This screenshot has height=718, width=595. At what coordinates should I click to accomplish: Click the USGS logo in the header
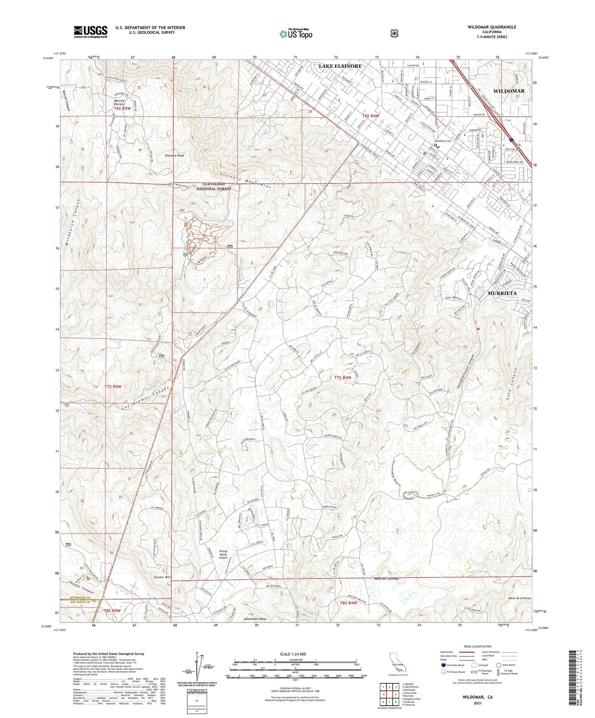pos(91,32)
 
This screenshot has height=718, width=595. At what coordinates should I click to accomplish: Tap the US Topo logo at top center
pos(296,34)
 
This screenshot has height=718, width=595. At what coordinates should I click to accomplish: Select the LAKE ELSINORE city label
pos(340,66)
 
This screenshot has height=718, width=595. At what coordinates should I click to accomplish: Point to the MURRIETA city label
pos(502,293)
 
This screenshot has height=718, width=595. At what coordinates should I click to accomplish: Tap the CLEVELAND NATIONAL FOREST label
pos(214,186)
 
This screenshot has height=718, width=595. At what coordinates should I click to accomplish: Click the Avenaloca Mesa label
pos(255,618)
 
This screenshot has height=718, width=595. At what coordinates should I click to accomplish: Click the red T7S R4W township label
pos(343,378)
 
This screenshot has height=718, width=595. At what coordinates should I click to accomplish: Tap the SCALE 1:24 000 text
pos(292,654)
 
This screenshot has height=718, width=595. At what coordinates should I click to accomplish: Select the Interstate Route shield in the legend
pos(443,665)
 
